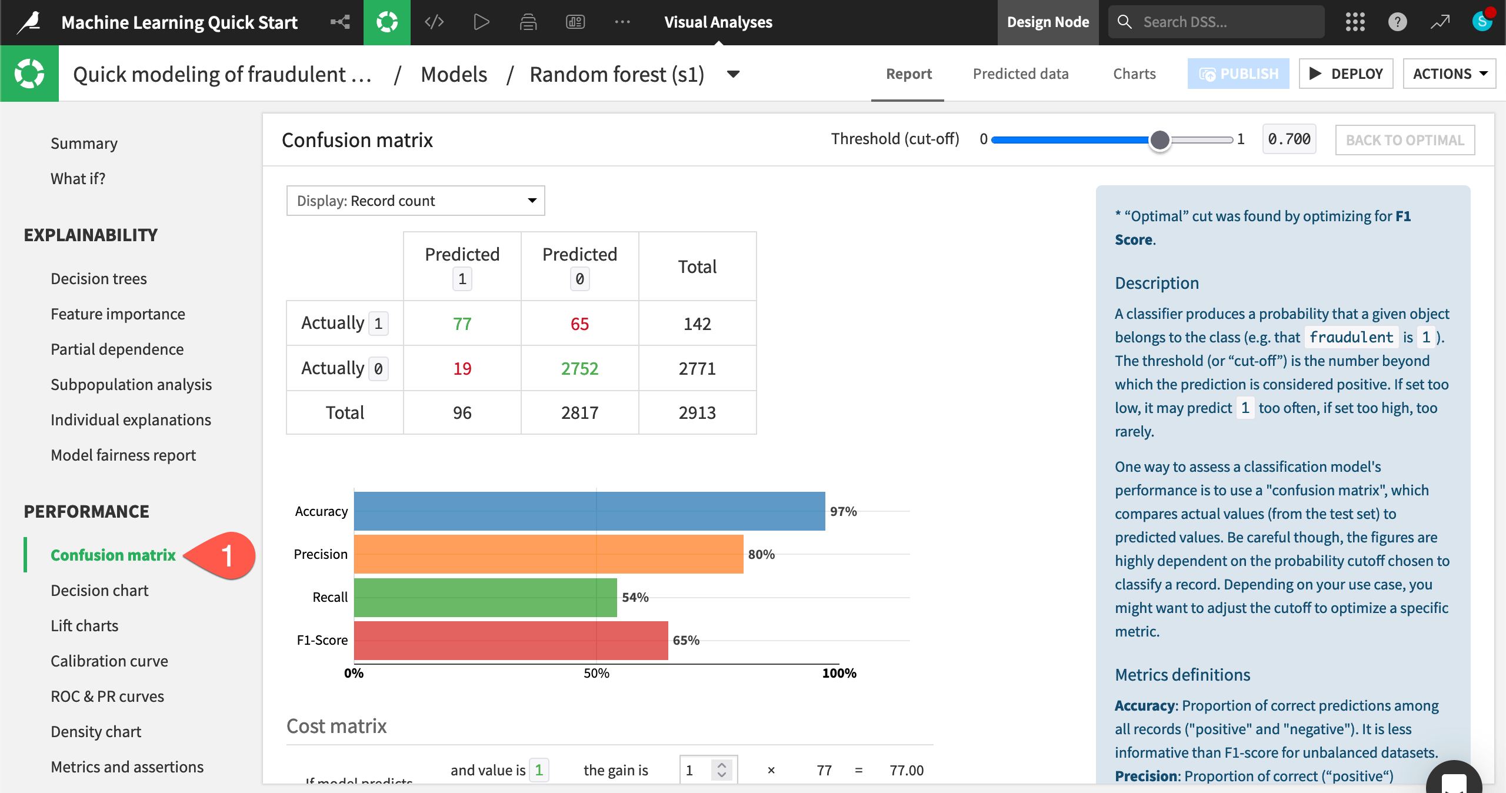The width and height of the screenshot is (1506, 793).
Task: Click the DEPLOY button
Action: tap(1345, 74)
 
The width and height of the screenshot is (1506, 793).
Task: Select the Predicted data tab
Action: tap(1020, 74)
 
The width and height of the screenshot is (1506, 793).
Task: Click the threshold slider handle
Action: tap(1160, 140)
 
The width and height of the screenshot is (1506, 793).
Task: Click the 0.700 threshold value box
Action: tap(1289, 139)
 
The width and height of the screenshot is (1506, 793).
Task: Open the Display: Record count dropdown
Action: tap(415, 201)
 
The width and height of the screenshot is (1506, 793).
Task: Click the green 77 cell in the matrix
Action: tap(462, 324)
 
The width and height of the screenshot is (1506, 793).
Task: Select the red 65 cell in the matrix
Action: tap(579, 324)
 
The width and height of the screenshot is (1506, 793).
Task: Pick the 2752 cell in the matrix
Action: tap(579, 368)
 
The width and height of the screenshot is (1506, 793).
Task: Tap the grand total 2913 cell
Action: tap(697, 412)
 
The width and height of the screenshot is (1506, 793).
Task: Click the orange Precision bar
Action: tap(548, 554)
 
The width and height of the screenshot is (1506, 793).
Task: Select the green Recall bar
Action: tap(485, 597)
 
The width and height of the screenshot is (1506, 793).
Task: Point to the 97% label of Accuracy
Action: tap(843, 511)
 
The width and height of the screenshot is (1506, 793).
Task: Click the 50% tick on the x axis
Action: tap(596, 673)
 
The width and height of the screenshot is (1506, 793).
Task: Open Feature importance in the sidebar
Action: tap(118, 314)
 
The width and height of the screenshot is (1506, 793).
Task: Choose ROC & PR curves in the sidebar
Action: tap(107, 697)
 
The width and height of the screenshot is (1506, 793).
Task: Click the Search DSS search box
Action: tap(1216, 22)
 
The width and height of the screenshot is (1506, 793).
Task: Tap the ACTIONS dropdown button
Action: tap(1449, 74)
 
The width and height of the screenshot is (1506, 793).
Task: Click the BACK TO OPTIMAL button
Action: tap(1404, 140)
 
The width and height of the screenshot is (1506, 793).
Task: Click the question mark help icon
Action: tap(1397, 22)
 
